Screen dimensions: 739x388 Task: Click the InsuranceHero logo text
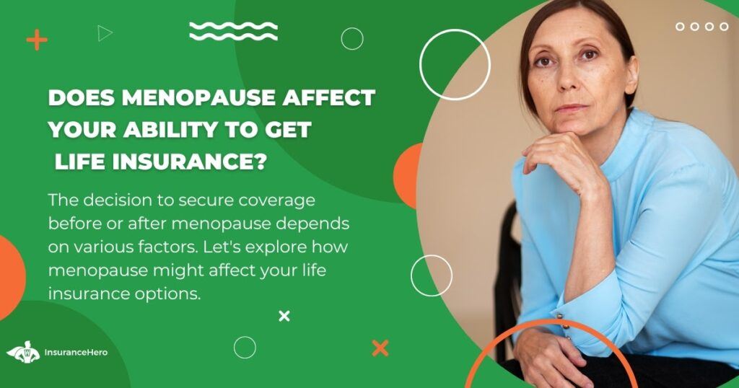click(x=76, y=352)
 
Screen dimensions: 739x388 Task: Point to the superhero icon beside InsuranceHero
click(x=24, y=352)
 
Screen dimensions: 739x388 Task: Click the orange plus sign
click(x=37, y=40)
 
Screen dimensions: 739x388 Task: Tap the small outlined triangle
click(x=105, y=33)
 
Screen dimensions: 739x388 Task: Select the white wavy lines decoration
click(x=233, y=30)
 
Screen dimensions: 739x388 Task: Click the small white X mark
click(x=284, y=316)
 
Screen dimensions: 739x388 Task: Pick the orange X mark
click(x=380, y=348)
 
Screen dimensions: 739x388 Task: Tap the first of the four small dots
click(x=680, y=27)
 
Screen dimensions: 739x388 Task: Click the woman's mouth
click(x=572, y=108)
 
